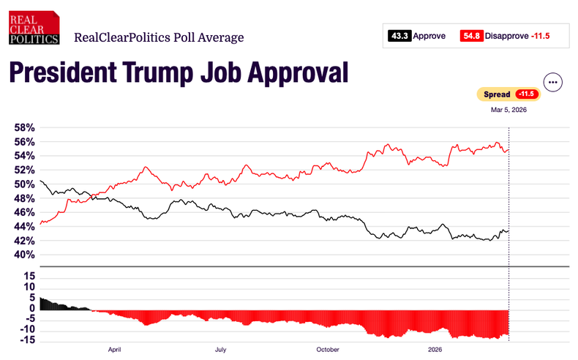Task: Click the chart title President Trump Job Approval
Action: point(177,73)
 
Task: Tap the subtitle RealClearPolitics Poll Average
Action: point(159,37)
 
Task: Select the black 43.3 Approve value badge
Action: point(399,35)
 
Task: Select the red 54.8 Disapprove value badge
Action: point(470,35)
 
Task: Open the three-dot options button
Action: point(552,82)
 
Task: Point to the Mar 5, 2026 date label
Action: point(508,110)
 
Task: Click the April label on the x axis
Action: point(114,350)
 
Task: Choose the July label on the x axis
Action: point(220,350)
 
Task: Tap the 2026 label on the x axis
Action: point(435,350)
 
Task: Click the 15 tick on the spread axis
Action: point(29,276)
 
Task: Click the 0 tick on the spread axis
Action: point(31,308)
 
